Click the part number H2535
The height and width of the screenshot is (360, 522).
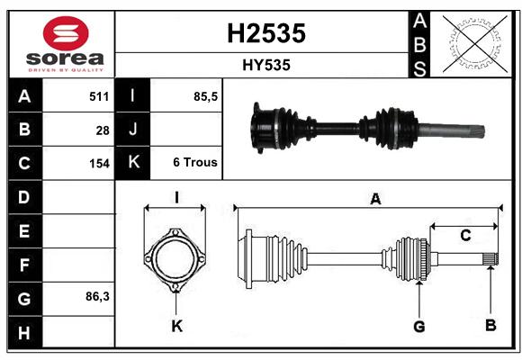(x=266, y=33)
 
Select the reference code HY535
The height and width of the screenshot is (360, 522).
(x=266, y=65)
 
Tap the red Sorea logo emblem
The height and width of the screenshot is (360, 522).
(x=66, y=33)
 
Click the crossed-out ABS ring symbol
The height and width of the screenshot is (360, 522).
(x=475, y=44)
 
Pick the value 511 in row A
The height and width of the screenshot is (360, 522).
(x=99, y=96)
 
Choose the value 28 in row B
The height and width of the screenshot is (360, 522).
(x=103, y=130)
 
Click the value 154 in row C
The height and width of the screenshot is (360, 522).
(x=99, y=164)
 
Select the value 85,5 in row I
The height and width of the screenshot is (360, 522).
(x=205, y=96)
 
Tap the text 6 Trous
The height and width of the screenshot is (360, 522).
(x=195, y=162)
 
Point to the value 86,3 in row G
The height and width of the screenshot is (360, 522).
(x=97, y=296)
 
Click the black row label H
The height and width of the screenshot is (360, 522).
(x=24, y=332)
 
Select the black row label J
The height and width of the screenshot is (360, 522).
(x=132, y=129)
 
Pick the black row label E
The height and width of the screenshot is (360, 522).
(x=24, y=230)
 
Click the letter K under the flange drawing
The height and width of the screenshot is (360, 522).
(x=176, y=326)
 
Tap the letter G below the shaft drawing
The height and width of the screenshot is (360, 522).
(x=419, y=327)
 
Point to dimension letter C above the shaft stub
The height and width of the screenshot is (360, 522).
(x=465, y=236)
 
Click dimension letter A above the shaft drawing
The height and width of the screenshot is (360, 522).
(x=375, y=199)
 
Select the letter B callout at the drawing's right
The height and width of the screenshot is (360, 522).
(x=490, y=325)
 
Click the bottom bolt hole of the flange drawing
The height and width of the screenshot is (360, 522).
(x=175, y=286)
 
